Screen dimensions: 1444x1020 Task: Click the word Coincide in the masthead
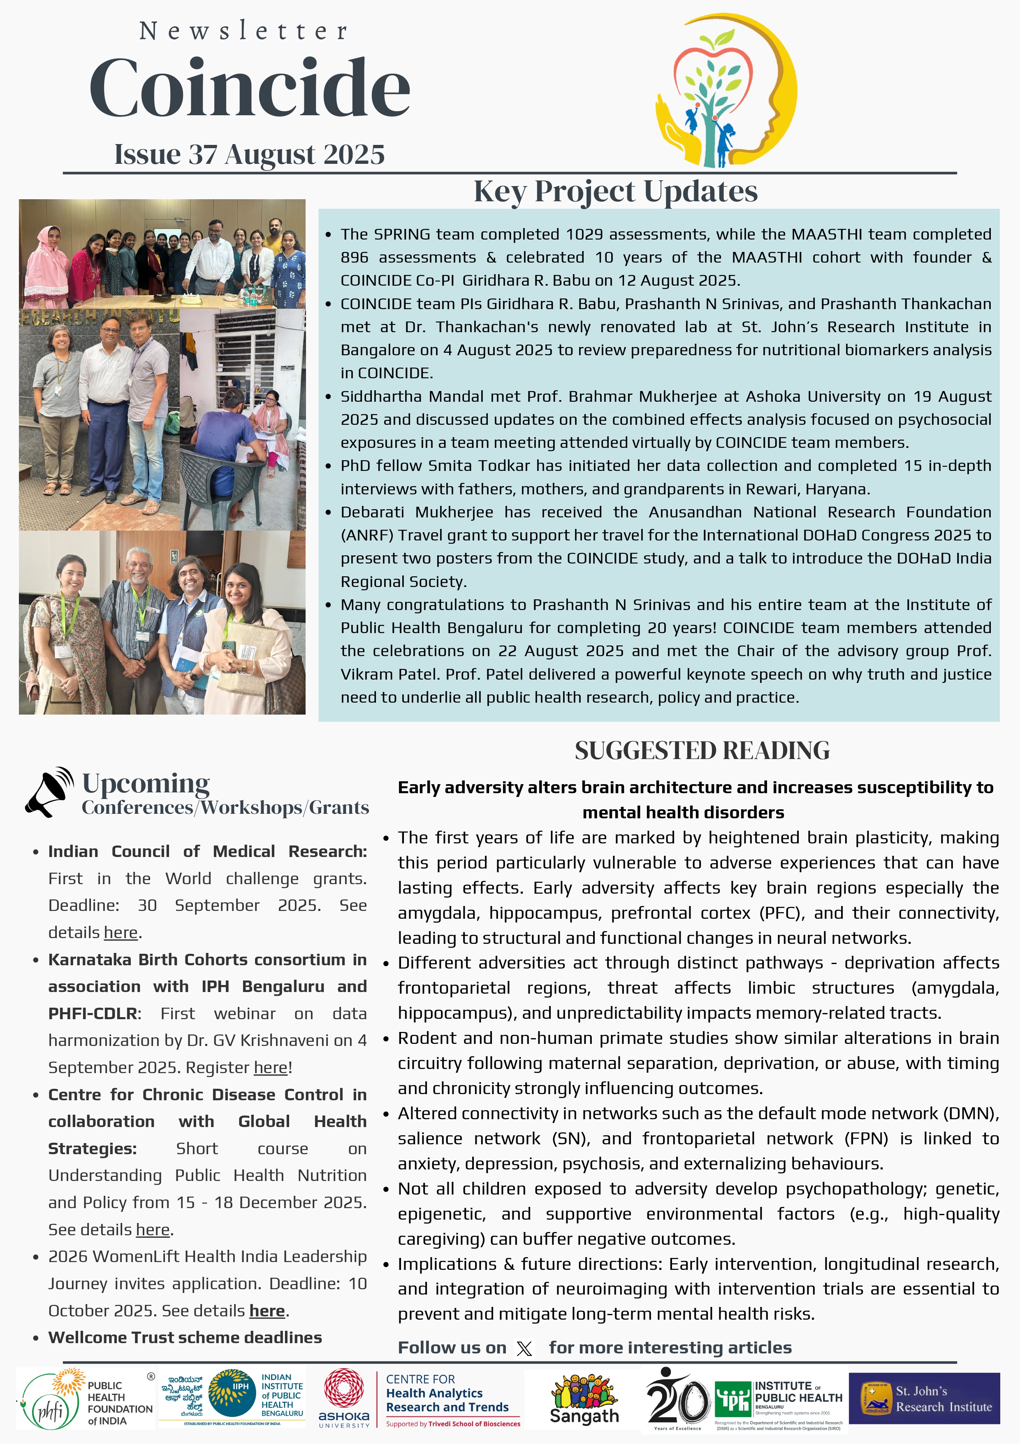[x=250, y=88]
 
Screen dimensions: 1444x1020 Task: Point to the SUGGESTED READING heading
[x=702, y=750]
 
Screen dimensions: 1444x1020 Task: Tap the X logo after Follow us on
[x=524, y=1349]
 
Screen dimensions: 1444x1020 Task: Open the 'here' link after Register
[x=271, y=1067]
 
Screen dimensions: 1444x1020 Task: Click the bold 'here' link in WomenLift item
[x=267, y=1311]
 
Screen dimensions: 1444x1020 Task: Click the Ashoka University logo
[x=344, y=1398]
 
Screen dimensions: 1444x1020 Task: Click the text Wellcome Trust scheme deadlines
[x=185, y=1338]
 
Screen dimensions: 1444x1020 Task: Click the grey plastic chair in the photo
[x=214, y=484]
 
